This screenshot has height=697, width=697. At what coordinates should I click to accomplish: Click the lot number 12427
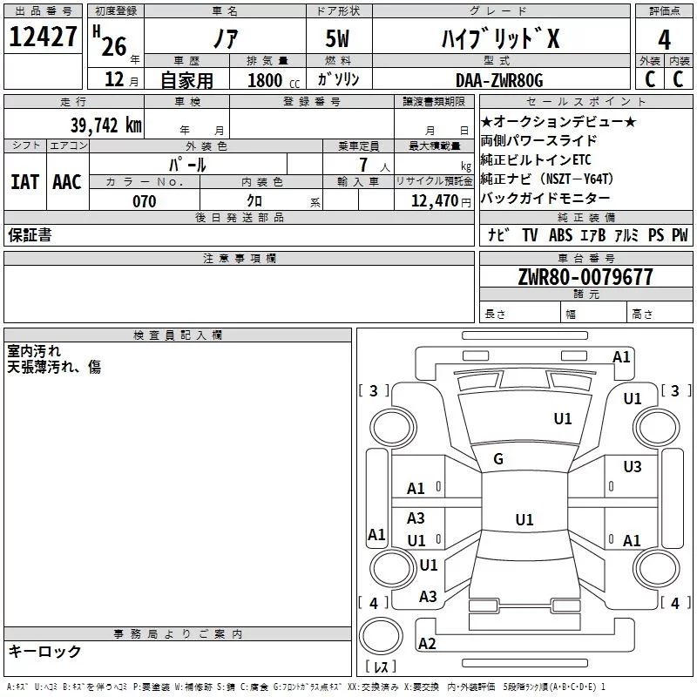(x=43, y=37)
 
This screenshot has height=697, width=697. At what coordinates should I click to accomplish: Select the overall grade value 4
(x=664, y=40)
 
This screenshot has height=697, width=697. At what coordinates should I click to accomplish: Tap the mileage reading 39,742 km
(x=106, y=125)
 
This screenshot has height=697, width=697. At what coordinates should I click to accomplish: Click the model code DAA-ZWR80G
(x=499, y=80)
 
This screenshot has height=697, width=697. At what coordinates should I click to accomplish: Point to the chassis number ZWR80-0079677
(x=585, y=277)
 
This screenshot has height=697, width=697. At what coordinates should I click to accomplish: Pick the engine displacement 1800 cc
(x=274, y=80)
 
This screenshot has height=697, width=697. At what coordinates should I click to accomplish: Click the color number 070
(x=145, y=201)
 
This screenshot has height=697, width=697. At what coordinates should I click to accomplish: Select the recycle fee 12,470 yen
(x=441, y=201)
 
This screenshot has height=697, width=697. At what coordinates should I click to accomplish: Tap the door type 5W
(x=337, y=38)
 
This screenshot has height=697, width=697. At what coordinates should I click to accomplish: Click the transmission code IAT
(x=25, y=182)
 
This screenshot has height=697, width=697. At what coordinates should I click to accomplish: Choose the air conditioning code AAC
(x=67, y=182)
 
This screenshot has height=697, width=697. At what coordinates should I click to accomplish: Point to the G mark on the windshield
(x=498, y=459)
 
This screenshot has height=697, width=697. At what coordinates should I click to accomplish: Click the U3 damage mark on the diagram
(x=633, y=467)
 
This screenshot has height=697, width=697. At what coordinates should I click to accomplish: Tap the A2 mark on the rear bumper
(x=427, y=644)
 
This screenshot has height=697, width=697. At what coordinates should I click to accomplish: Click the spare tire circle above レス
(x=381, y=636)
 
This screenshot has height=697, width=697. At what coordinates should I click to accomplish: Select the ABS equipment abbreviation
(x=560, y=235)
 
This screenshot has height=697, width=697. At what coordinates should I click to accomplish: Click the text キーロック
(x=44, y=651)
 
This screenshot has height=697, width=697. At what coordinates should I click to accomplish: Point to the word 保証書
(x=30, y=234)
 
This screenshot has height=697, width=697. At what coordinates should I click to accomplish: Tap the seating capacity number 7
(x=363, y=165)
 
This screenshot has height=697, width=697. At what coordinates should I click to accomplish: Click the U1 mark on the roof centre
(x=524, y=519)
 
